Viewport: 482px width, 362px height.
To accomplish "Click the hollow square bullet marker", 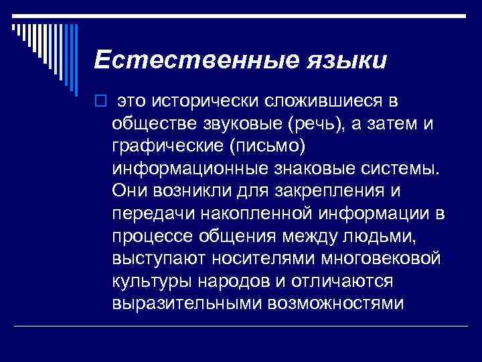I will point(100,101).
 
